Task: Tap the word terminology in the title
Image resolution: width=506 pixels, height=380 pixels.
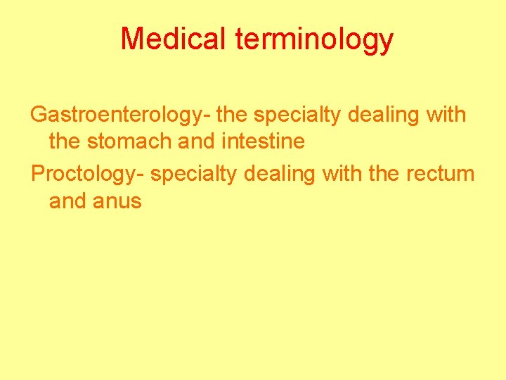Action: pyautogui.click(x=314, y=40)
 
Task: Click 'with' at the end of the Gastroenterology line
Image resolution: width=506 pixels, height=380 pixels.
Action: pyautogui.click(x=446, y=114)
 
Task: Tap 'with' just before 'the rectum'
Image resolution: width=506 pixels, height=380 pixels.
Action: pyautogui.click(x=342, y=173)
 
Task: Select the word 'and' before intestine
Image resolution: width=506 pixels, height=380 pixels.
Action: pyautogui.click(x=198, y=141)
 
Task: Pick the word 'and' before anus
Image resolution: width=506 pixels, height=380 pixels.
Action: pyautogui.click(x=66, y=201)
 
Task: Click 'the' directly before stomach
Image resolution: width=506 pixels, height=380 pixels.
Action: pyautogui.click(x=65, y=141)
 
